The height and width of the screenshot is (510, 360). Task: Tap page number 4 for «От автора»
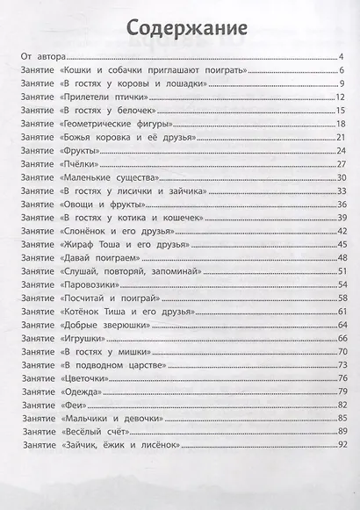[340, 57]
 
